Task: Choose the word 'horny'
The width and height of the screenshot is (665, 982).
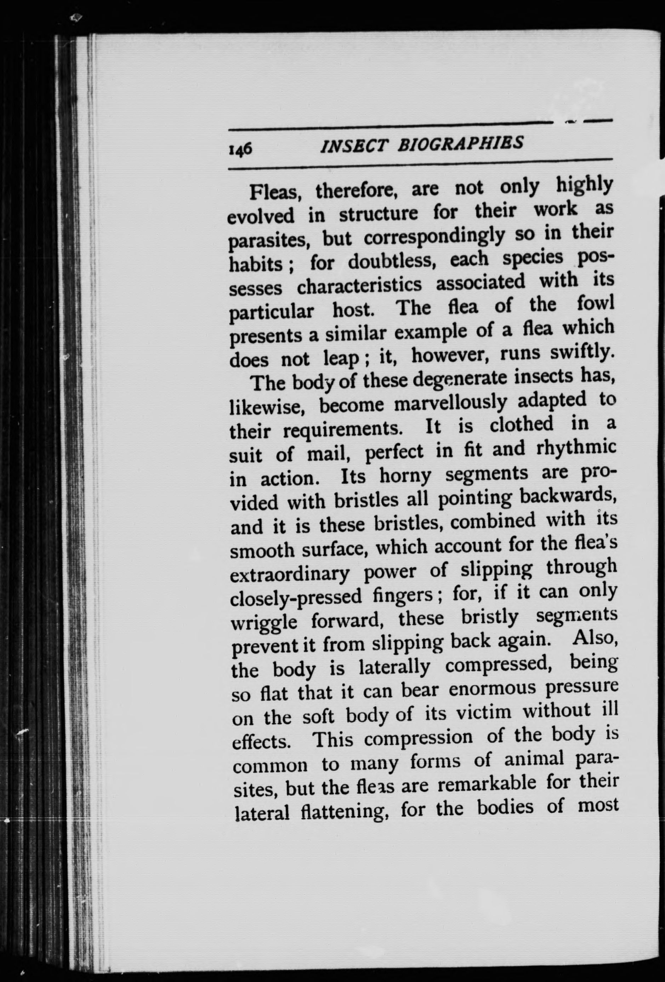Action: pos(405,476)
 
